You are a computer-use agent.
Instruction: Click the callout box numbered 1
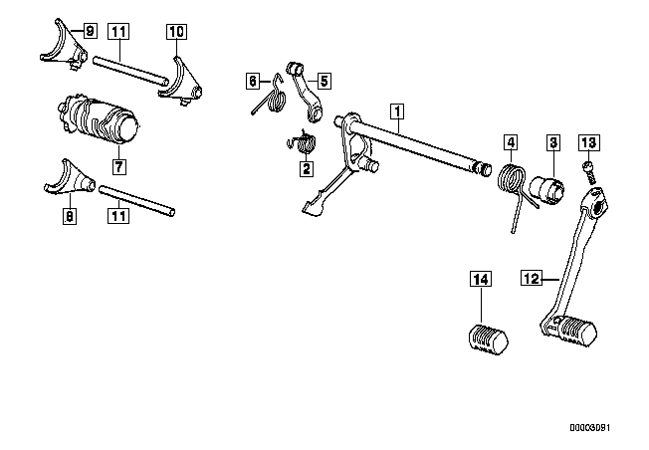(397, 112)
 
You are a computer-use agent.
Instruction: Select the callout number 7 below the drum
(118, 167)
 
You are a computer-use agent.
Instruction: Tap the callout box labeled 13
(588, 142)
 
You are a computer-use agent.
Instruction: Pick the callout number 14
(481, 279)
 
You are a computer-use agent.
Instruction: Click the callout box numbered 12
(532, 278)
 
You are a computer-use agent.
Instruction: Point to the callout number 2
(307, 168)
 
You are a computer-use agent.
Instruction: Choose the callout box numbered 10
(176, 32)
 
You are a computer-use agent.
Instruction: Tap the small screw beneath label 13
(590, 172)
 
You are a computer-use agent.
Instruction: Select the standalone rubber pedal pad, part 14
(489, 339)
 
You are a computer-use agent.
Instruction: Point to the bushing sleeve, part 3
(547, 189)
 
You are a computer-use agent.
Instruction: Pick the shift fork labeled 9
(66, 47)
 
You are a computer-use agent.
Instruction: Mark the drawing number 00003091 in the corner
(590, 428)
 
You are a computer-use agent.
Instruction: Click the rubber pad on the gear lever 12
(577, 330)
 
